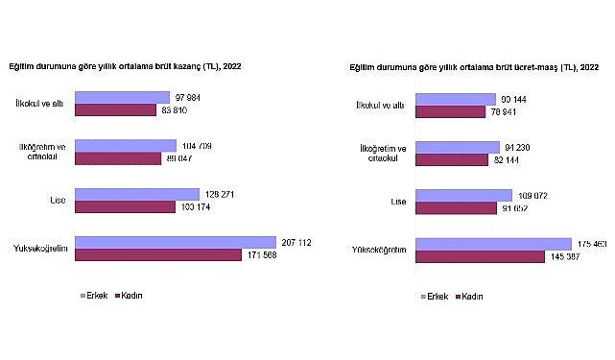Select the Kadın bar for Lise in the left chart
click(125, 206)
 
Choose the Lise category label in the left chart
click(57, 201)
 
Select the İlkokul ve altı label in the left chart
click(41, 104)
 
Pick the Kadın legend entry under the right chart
click(470, 298)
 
